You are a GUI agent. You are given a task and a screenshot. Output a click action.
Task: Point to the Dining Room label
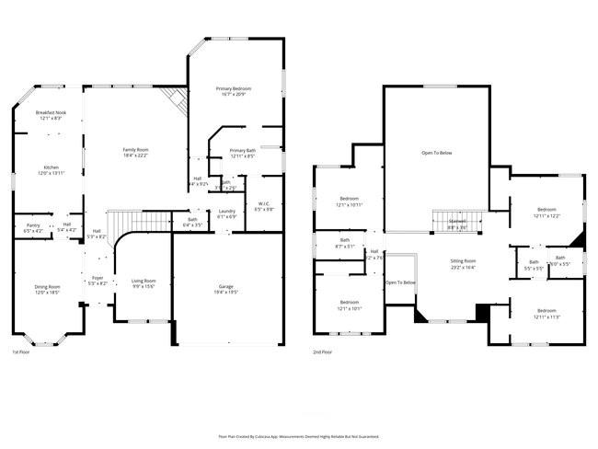pos(48,287)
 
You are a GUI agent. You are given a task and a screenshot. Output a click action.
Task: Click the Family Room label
pos(136,149)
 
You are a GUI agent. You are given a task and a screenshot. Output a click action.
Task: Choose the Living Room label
pos(143,281)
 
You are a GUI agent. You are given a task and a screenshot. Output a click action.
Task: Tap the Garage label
pos(225,287)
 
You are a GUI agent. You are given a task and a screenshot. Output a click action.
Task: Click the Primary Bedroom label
pos(234,88)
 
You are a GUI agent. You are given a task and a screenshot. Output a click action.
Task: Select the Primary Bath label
pos(243,150)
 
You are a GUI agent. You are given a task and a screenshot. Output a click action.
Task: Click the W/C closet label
pos(263,203)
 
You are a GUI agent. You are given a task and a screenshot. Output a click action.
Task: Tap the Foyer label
pos(97,277)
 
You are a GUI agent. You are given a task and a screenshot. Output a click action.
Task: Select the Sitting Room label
pos(462,261)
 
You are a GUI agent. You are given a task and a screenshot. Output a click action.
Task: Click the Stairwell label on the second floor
pos(457,222)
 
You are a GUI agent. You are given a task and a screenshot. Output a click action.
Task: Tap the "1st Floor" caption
pos(21,352)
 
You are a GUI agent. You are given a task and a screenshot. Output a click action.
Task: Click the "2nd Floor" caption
pos(323,352)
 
